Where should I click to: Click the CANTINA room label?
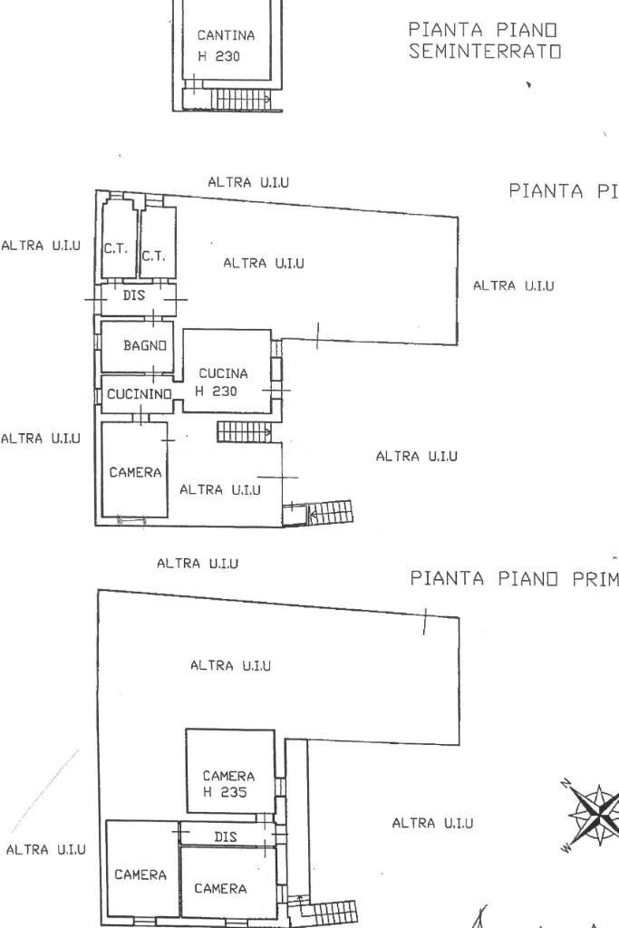click(x=226, y=35)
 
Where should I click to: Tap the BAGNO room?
click(x=145, y=345)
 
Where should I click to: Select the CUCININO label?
click(x=139, y=394)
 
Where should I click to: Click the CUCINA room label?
click(x=223, y=373)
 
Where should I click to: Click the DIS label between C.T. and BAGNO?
click(x=134, y=295)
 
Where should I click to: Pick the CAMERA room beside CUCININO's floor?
click(x=135, y=472)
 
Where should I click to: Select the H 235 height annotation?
click(x=224, y=792)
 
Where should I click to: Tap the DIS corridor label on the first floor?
click(x=225, y=837)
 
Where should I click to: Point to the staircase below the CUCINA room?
click(x=244, y=432)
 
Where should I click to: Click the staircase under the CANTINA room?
click(x=239, y=100)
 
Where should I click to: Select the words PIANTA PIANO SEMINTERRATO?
click(x=484, y=41)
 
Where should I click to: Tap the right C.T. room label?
click(x=153, y=256)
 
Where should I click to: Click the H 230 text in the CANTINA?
click(x=218, y=54)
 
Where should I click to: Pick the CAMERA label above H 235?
click(x=228, y=776)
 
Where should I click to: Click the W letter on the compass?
click(x=567, y=848)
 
